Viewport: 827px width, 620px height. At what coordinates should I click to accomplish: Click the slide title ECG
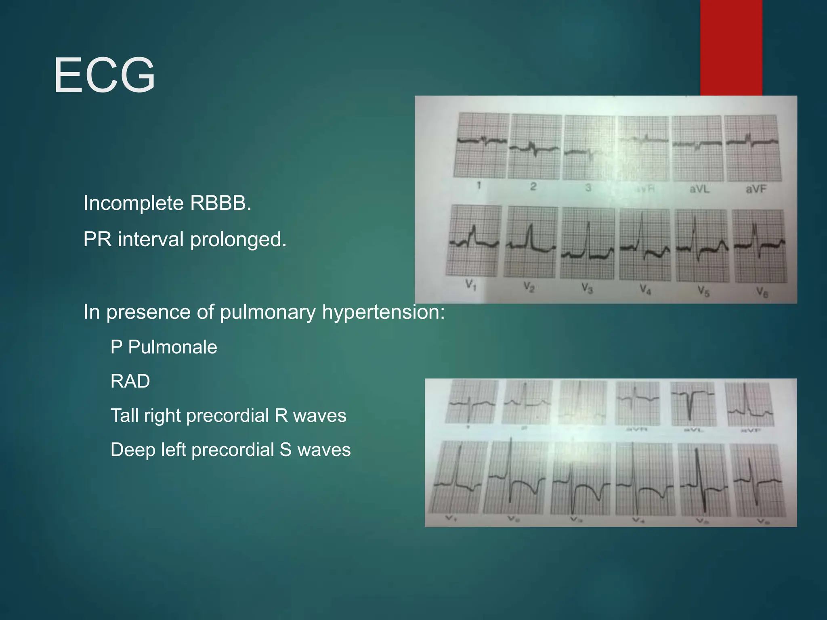coord(104,75)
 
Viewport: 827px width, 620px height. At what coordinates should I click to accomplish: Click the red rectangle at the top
coord(731,47)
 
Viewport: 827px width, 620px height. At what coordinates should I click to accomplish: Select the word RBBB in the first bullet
coord(220,203)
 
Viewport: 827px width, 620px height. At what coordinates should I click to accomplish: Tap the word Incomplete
coord(133,203)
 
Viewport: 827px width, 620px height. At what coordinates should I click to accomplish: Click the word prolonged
coord(238,240)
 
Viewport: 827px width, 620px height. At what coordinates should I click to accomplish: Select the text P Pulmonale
coord(164,347)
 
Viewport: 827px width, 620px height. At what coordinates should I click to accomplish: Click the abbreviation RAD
coord(130,381)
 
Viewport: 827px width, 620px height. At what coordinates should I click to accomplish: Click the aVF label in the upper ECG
coord(756,189)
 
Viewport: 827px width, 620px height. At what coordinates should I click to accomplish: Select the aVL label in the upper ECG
coord(699,189)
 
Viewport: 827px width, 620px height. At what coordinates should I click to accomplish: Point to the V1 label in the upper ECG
coord(470,285)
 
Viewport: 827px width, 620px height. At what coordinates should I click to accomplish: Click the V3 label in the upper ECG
coord(587,288)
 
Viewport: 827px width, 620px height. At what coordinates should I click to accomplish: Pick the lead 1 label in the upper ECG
coord(479,186)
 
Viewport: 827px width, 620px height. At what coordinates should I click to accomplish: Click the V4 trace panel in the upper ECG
coord(645,245)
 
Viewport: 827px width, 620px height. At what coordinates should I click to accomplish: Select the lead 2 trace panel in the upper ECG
coord(534,147)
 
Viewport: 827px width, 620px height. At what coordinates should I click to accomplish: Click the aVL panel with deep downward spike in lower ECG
coord(693,404)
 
